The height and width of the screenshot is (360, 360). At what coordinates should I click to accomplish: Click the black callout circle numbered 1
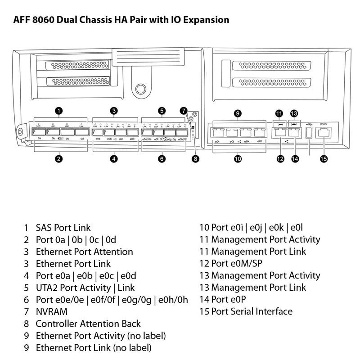[58, 110]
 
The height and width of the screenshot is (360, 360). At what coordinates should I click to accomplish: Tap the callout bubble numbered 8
[195, 158]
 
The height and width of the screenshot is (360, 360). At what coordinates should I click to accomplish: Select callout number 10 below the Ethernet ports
[238, 158]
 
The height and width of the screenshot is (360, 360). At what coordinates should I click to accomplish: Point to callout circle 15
[324, 158]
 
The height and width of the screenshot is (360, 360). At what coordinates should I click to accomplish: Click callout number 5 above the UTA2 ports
[162, 110]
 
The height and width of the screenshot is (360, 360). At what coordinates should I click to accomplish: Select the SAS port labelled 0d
[81, 132]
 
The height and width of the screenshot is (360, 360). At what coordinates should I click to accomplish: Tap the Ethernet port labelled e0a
[98, 132]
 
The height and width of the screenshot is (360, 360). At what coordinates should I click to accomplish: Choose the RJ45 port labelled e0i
[217, 133]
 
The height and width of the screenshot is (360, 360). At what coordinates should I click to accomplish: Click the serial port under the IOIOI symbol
[324, 132]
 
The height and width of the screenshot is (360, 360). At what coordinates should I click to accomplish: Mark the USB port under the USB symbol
[309, 133]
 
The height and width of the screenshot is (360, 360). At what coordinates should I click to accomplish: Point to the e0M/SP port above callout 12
[280, 132]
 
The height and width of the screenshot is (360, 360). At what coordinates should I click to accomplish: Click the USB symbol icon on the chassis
[309, 123]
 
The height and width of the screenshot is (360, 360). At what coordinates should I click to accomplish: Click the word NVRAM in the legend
[52, 311]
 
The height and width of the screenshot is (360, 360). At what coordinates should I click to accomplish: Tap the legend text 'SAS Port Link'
[63, 228]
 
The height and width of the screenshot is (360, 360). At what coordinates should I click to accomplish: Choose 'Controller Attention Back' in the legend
[88, 324]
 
